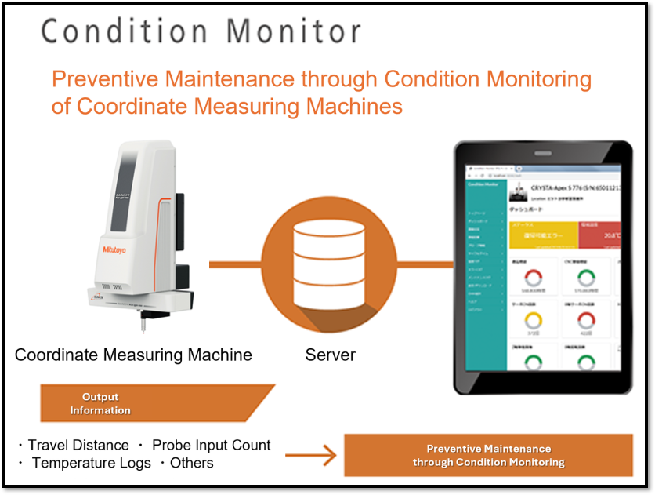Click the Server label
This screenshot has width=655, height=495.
pyautogui.click(x=330, y=355)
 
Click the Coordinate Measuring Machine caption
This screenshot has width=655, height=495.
pyautogui.click(x=133, y=355)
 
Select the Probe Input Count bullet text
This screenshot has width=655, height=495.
pyautogui.click(x=212, y=446)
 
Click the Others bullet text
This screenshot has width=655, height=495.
pyautogui.click(x=191, y=463)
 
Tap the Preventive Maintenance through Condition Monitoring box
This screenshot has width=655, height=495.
pyautogui.click(x=488, y=455)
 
